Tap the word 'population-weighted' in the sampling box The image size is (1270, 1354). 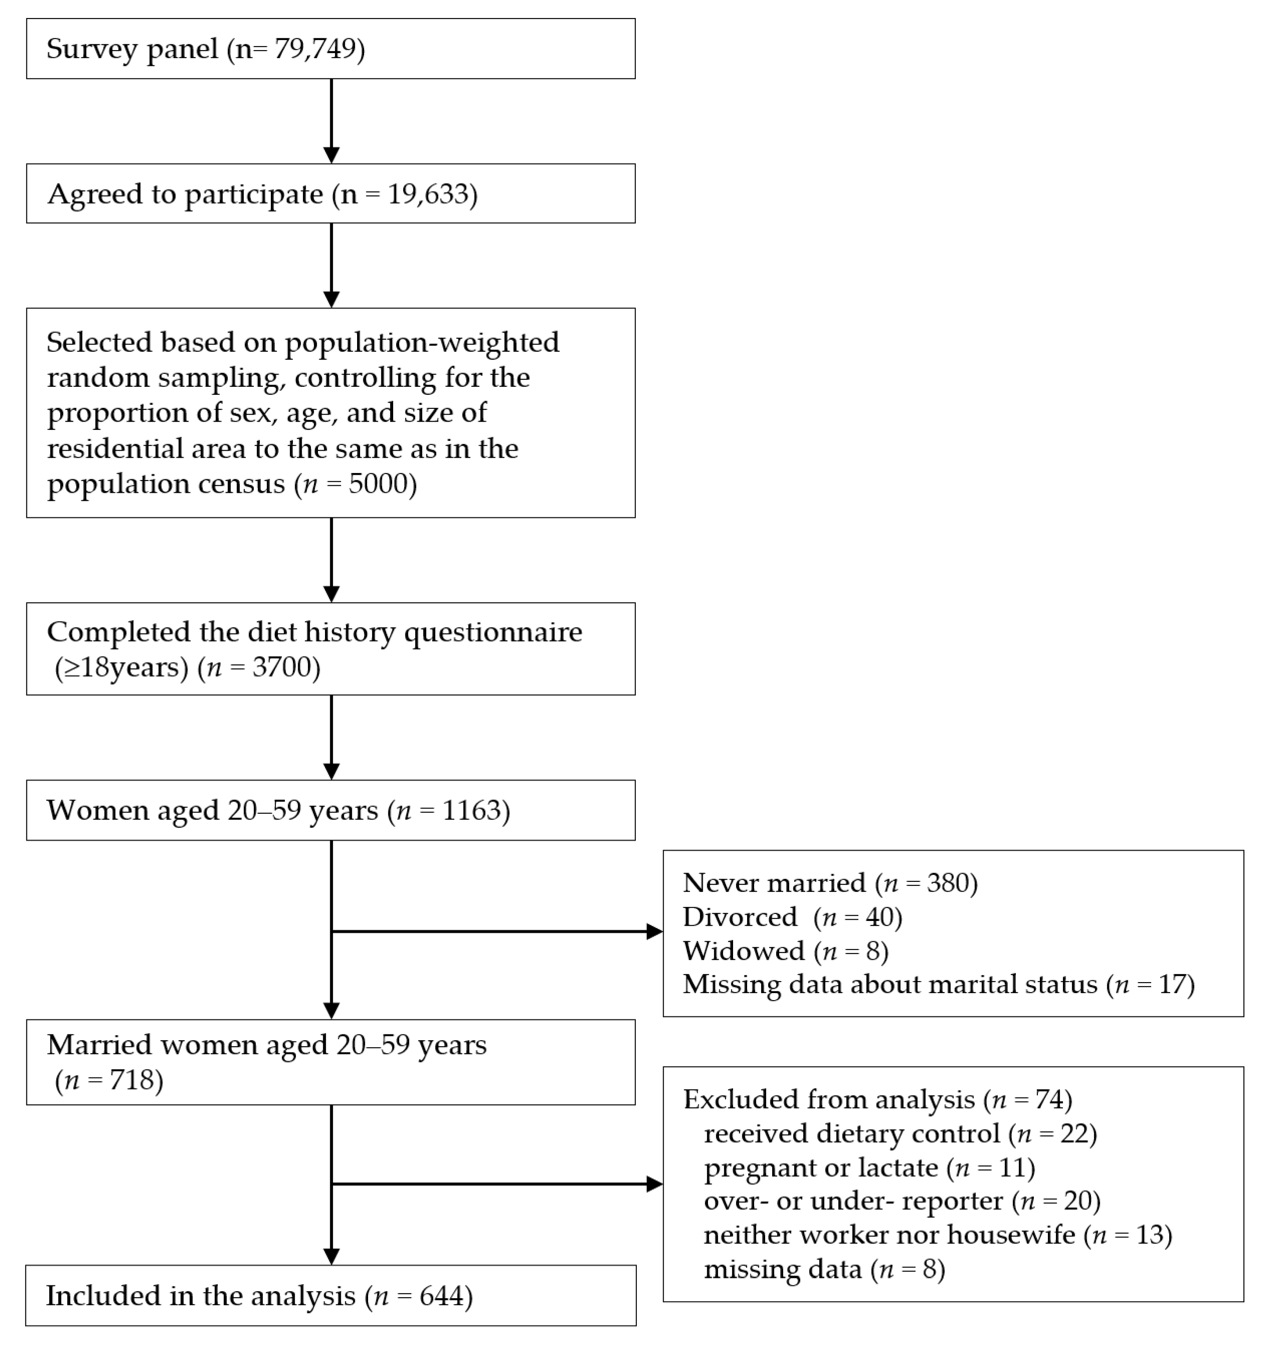422,342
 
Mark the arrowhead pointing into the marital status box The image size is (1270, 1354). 654,932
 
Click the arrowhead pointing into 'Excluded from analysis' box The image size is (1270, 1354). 654,1184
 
